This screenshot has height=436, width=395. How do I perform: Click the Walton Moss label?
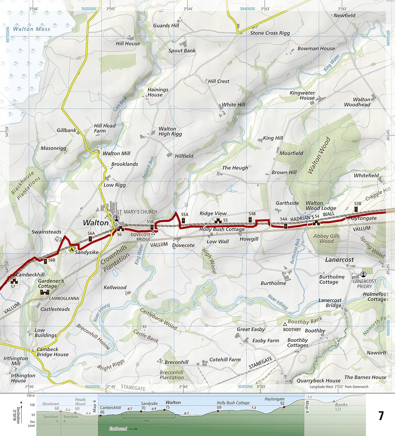tap(31, 29)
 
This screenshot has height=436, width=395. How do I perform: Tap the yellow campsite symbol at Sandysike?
tap(71, 249)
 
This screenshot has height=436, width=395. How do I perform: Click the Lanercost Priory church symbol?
tap(363, 274)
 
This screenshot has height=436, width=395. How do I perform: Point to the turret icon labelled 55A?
tap(183, 220)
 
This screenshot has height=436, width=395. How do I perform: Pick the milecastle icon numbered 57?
tap(13, 281)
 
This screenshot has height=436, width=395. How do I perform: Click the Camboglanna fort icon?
tap(44, 292)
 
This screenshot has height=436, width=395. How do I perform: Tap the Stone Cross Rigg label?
tap(270, 33)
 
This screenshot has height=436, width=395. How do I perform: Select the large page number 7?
tap(381, 416)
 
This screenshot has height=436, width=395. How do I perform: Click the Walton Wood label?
tap(319, 156)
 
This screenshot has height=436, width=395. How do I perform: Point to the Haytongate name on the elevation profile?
tap(274, 399)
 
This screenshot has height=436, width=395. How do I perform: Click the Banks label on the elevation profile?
tap(341, 405)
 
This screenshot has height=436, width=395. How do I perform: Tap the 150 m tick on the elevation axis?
tap(31, 396)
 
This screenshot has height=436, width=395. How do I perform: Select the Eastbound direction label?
tap(118, 428)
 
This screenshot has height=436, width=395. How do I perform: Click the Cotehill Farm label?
tap(225, 360)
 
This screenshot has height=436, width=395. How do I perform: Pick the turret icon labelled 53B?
tap(356, 209)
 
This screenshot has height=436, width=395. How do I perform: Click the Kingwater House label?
tap(303, 95)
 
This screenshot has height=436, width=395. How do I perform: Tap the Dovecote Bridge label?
tap(140, 237)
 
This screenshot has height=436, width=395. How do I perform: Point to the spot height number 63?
tap(144, 327)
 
